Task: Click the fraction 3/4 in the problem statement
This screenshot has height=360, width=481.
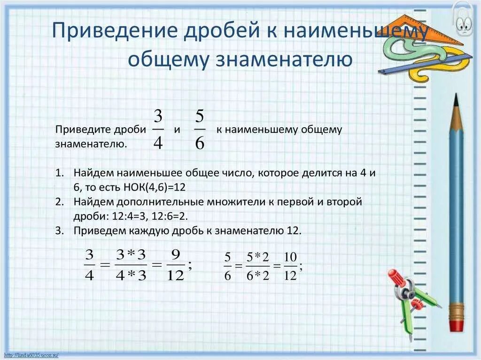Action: coord(158,130)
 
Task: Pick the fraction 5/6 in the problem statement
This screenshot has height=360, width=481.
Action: coord(200,130)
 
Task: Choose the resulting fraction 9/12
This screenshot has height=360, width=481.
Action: coord(175,265)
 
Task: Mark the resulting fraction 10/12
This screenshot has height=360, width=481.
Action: coord(290,266)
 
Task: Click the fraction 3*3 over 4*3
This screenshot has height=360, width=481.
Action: coord(131,265)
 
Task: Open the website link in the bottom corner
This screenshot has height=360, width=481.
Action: coord(31,355)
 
